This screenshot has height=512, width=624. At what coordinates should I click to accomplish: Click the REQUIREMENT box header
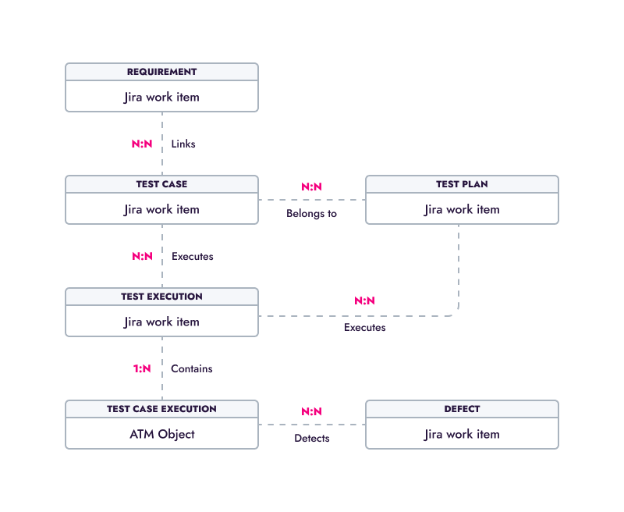pos(161,72)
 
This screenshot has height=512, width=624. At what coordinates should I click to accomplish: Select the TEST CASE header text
pos(161,184)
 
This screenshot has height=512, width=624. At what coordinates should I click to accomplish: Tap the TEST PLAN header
pos(462,184)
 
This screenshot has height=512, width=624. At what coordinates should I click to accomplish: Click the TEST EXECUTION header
pos(161,297)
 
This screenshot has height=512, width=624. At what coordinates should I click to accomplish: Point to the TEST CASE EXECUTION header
pos(161,409)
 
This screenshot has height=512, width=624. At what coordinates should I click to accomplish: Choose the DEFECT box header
pos(462,409)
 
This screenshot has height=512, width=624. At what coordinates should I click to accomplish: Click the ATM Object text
pos(162,435)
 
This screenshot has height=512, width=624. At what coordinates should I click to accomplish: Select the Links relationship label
pos(183,144)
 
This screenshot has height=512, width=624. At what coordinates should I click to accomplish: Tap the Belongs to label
pos(311,214)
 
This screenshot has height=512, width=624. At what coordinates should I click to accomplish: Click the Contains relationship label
pos(191,368)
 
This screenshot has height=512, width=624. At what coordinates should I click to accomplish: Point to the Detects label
pos(312,439)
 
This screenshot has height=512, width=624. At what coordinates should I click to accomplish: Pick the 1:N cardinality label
pos(142,368)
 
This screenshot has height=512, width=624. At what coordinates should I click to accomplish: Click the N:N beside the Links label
pos(142,144)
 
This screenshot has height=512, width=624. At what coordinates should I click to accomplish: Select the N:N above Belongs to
pos(311,187)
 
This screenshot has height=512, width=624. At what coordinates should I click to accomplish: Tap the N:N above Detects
pos(311,411)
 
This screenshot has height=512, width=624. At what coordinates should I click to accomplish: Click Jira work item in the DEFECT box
pos(462,434)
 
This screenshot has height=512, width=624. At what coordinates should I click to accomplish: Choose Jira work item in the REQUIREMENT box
pos(161,97)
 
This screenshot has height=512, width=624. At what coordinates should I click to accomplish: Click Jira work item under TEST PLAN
pos(462,209)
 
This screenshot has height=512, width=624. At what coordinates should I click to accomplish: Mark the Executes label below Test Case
pos(192,257)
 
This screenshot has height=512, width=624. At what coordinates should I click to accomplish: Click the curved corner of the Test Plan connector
pos(456,313)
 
